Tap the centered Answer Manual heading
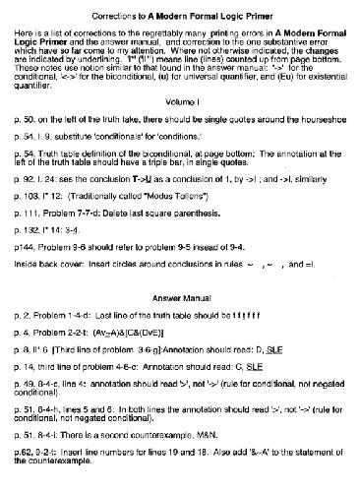point(179,324)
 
